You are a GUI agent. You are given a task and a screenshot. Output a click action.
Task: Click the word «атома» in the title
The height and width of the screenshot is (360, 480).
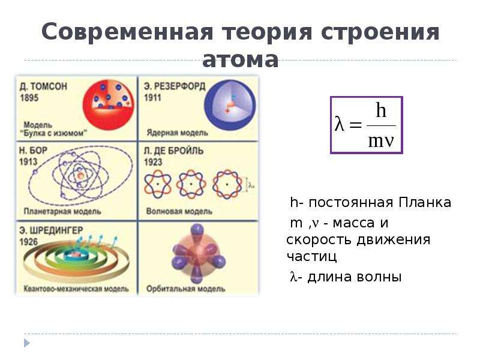coord(241,59)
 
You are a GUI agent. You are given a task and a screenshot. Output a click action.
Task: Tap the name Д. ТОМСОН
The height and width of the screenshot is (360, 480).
coord(43,86)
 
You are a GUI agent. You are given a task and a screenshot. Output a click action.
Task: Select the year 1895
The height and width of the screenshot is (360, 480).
coord(29,98)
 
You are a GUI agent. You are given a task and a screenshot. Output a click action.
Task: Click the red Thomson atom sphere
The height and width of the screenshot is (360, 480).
coord(109,104)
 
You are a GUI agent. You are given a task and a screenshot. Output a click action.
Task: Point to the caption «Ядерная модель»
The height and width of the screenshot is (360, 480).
coord(177,133)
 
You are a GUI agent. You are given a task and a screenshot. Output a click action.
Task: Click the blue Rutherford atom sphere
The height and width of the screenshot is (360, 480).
coord(230,105)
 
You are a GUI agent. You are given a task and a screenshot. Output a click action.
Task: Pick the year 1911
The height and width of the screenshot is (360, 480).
coord(152,98)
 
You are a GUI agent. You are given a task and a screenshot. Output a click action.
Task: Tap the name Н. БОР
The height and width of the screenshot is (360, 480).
coord(34,151)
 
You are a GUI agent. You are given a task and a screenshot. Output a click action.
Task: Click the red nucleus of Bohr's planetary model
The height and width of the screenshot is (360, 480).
coord(80,176)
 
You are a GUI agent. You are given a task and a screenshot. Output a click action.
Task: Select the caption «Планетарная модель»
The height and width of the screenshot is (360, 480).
coord(62,211)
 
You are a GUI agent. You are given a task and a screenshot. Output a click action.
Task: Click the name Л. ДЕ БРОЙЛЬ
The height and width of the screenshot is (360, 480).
coord(173,151)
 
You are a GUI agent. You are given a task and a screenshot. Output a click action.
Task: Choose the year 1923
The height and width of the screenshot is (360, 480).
coord(153,162)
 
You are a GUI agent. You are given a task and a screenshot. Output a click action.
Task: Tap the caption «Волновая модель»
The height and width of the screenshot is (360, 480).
coord(179,211)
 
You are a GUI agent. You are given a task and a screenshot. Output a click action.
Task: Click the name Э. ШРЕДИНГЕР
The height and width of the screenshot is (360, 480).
coord(51,230)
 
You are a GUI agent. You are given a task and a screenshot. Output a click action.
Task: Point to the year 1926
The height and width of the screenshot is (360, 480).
coord(29,242)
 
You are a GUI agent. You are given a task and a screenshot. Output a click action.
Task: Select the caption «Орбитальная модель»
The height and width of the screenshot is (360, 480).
coord(186,289)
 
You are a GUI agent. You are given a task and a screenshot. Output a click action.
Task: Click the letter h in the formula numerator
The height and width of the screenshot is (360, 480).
coord(381,110)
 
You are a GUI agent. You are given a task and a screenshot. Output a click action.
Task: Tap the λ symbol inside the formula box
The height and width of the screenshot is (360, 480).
coord(339,124)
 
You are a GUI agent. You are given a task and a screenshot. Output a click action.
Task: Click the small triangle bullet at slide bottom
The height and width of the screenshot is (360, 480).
coord(26,343)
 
